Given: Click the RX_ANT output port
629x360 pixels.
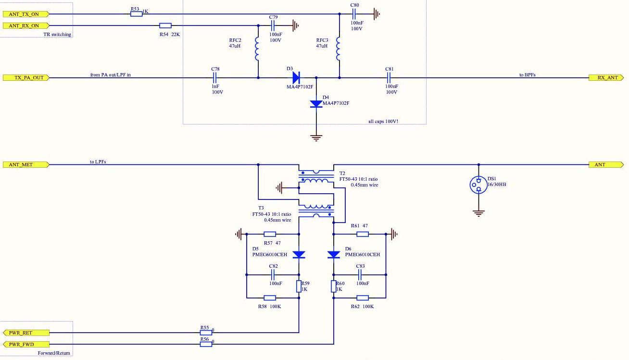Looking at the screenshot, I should pos(606,77).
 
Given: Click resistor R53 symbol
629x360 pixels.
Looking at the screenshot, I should pos(136,14).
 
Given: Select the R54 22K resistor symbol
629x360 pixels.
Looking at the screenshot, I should pos(165,25).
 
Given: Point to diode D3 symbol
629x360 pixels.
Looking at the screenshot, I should pos(296,77).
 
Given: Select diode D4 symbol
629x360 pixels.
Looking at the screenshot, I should pos(316,104).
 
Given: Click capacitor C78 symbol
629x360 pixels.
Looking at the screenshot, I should pos(215,77).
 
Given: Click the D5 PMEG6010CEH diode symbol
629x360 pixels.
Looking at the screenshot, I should pos(299,254).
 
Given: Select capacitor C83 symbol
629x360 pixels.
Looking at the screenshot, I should pos(360,275).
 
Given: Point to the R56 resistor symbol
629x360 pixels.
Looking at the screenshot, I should pos(205,344).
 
